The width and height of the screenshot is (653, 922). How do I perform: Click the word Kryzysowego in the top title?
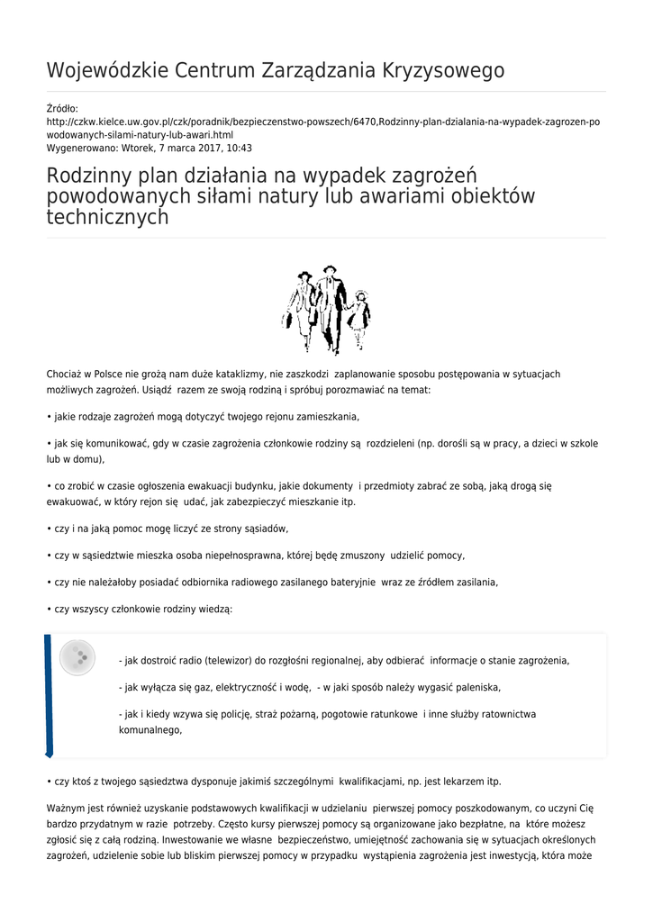(x=445, y=71)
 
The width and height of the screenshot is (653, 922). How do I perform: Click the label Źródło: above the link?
(x=62, y=109)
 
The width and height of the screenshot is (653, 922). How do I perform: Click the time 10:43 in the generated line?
(x=239, y=148)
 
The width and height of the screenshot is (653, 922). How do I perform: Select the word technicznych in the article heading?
(x=107, y=217)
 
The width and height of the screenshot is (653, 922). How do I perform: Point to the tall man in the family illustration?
(x=330, y=306)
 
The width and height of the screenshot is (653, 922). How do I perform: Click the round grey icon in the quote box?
(x=77, y=657)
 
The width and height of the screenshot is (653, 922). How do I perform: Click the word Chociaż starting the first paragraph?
(x=66, y=374)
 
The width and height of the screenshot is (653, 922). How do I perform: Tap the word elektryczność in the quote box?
(x=255, y=687)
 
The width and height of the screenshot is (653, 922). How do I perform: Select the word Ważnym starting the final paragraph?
(x=66, y=809)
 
